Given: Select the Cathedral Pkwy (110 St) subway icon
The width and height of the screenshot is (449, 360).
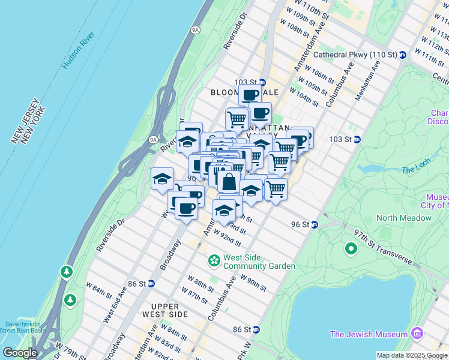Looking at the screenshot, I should pos(402,55).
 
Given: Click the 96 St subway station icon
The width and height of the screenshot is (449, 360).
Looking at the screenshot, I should pos(314,224).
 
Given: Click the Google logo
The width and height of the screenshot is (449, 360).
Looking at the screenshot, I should pos(19,352).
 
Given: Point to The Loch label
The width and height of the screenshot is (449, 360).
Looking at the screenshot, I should pos(416,170).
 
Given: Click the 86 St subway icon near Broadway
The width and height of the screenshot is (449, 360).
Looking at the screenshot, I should pos(151,283).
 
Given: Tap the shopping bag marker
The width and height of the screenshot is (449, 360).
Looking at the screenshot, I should pos(229,182).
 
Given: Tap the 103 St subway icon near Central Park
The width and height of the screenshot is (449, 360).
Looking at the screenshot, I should pos(357,139).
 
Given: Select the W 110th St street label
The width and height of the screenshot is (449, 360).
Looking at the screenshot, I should pos(300,11).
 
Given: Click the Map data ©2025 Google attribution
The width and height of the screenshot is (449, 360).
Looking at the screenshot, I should pos(411,355).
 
